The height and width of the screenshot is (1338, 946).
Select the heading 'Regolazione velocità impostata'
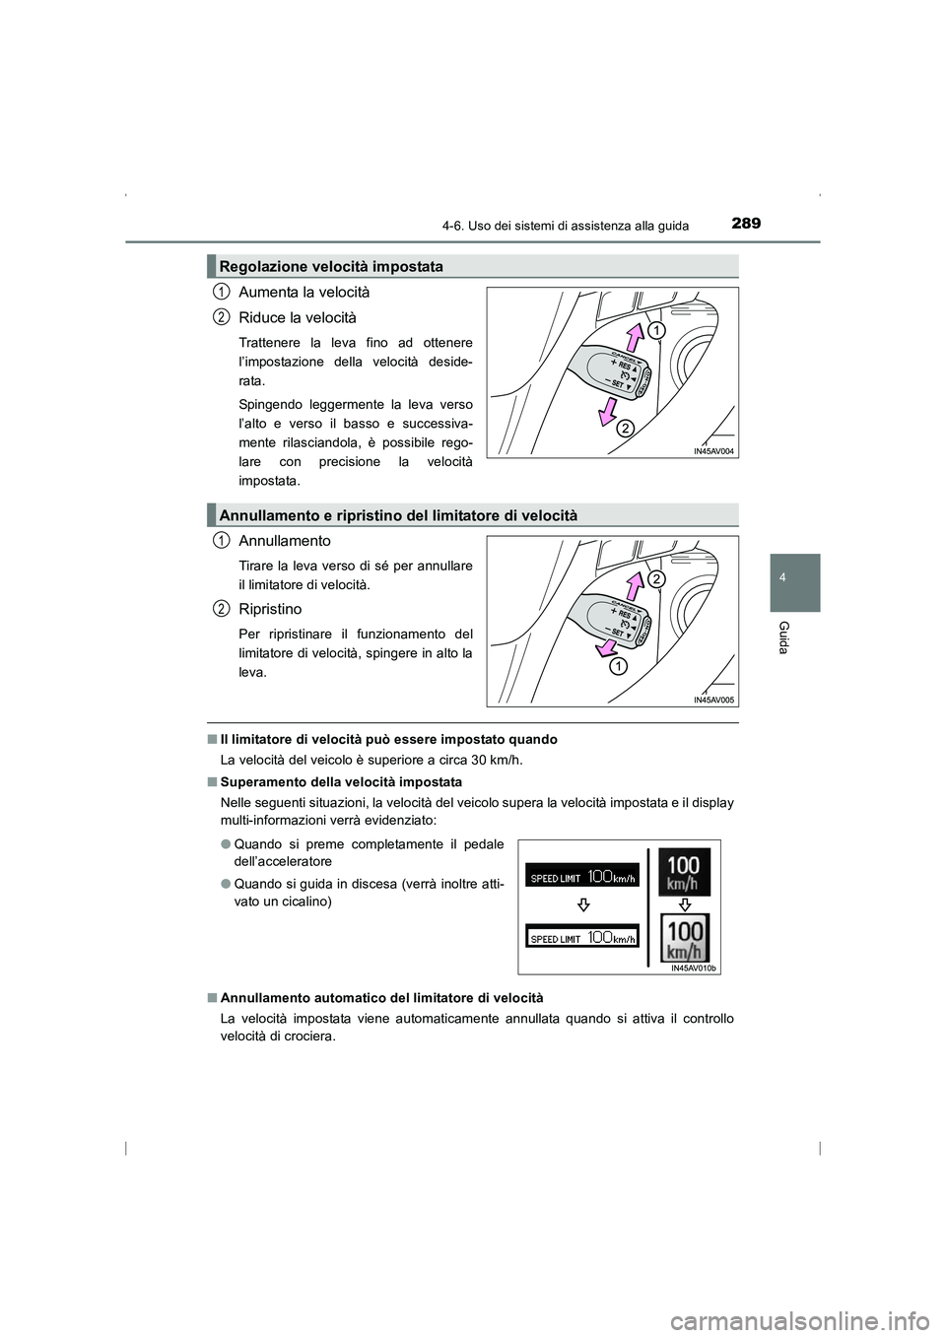331,266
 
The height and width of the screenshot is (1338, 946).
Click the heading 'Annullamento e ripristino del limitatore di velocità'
398,515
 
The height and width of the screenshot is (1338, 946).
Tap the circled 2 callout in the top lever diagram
625,429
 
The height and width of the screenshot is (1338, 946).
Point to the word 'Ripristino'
270,609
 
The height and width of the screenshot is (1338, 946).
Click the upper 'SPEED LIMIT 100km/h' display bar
582,877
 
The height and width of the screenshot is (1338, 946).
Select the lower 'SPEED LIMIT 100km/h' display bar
582,938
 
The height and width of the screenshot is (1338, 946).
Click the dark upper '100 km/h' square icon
683,871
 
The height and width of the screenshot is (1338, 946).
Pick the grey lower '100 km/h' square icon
683,938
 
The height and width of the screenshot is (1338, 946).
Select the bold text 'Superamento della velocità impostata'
341,781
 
